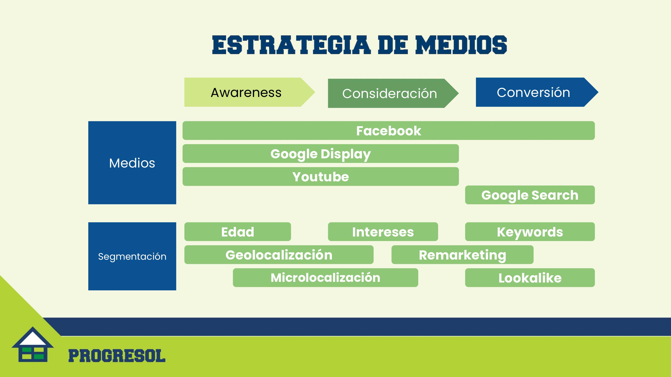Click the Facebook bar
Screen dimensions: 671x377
pos(389,131)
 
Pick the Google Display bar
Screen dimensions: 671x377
pos(321,153)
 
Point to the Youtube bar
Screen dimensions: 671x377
pos(321,176)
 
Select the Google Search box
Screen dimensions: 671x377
pos(530,195)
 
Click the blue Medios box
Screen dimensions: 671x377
pos(132,163)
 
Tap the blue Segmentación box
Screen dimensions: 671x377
pos(132,256)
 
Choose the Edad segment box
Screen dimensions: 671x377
pos(238,232)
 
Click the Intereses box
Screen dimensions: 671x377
pos(383,232)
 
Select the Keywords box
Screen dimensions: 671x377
pos(530,232)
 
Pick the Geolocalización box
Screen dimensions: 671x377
pos(279,255)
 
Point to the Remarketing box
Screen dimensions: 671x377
pos(462,255)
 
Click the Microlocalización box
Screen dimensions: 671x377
pos(325,278)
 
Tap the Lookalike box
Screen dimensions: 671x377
pos(530,278)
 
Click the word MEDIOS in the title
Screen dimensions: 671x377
pos(461,45)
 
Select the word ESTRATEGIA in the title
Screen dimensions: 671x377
pos(291,45)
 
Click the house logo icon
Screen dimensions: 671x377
pos(33,344)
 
